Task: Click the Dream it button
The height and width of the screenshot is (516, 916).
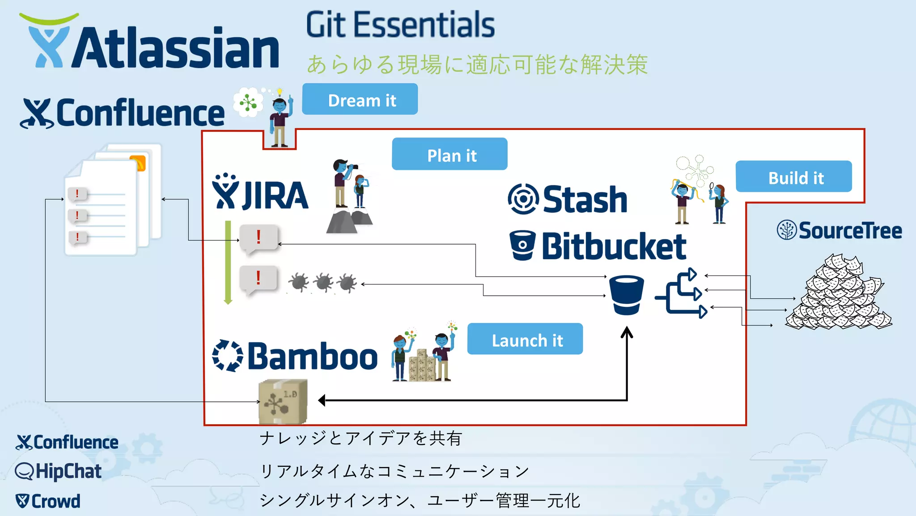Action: click(360, 99)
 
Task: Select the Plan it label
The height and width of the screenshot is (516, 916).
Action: click(450, 155)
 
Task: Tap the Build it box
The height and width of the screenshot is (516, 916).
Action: click(793, 177)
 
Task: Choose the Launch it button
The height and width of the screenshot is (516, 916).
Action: click(525, 340)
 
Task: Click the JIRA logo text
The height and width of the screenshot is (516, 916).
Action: click(274, 196)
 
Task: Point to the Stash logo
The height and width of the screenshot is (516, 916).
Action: click(568, 199)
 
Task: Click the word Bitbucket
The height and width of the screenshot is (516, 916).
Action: click(614, 246)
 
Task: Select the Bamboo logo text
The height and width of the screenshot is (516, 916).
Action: click(312, 357)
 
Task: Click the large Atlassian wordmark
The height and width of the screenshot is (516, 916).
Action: click(174, 47)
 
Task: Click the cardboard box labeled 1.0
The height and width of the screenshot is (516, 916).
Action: click(283, 401)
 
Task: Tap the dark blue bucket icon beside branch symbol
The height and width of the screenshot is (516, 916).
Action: click(626, 295)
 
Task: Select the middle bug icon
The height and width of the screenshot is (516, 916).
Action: click(323, 283)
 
